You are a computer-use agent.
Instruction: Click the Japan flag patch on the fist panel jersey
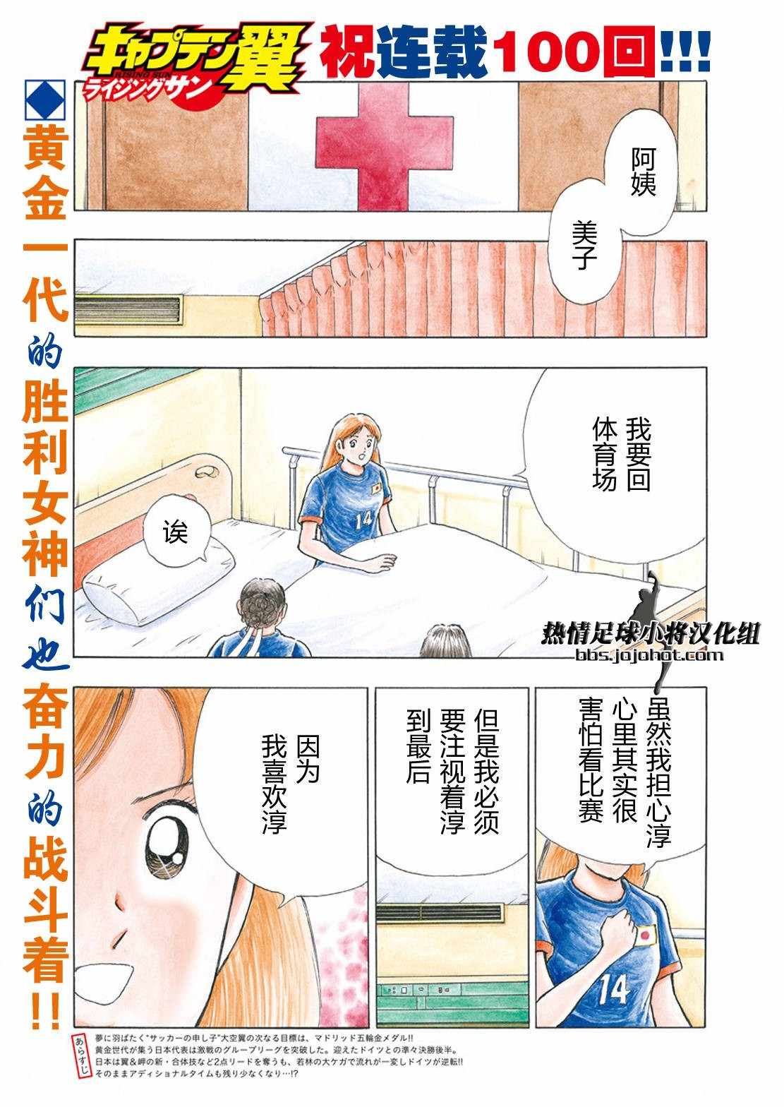[x=646, y=935]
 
